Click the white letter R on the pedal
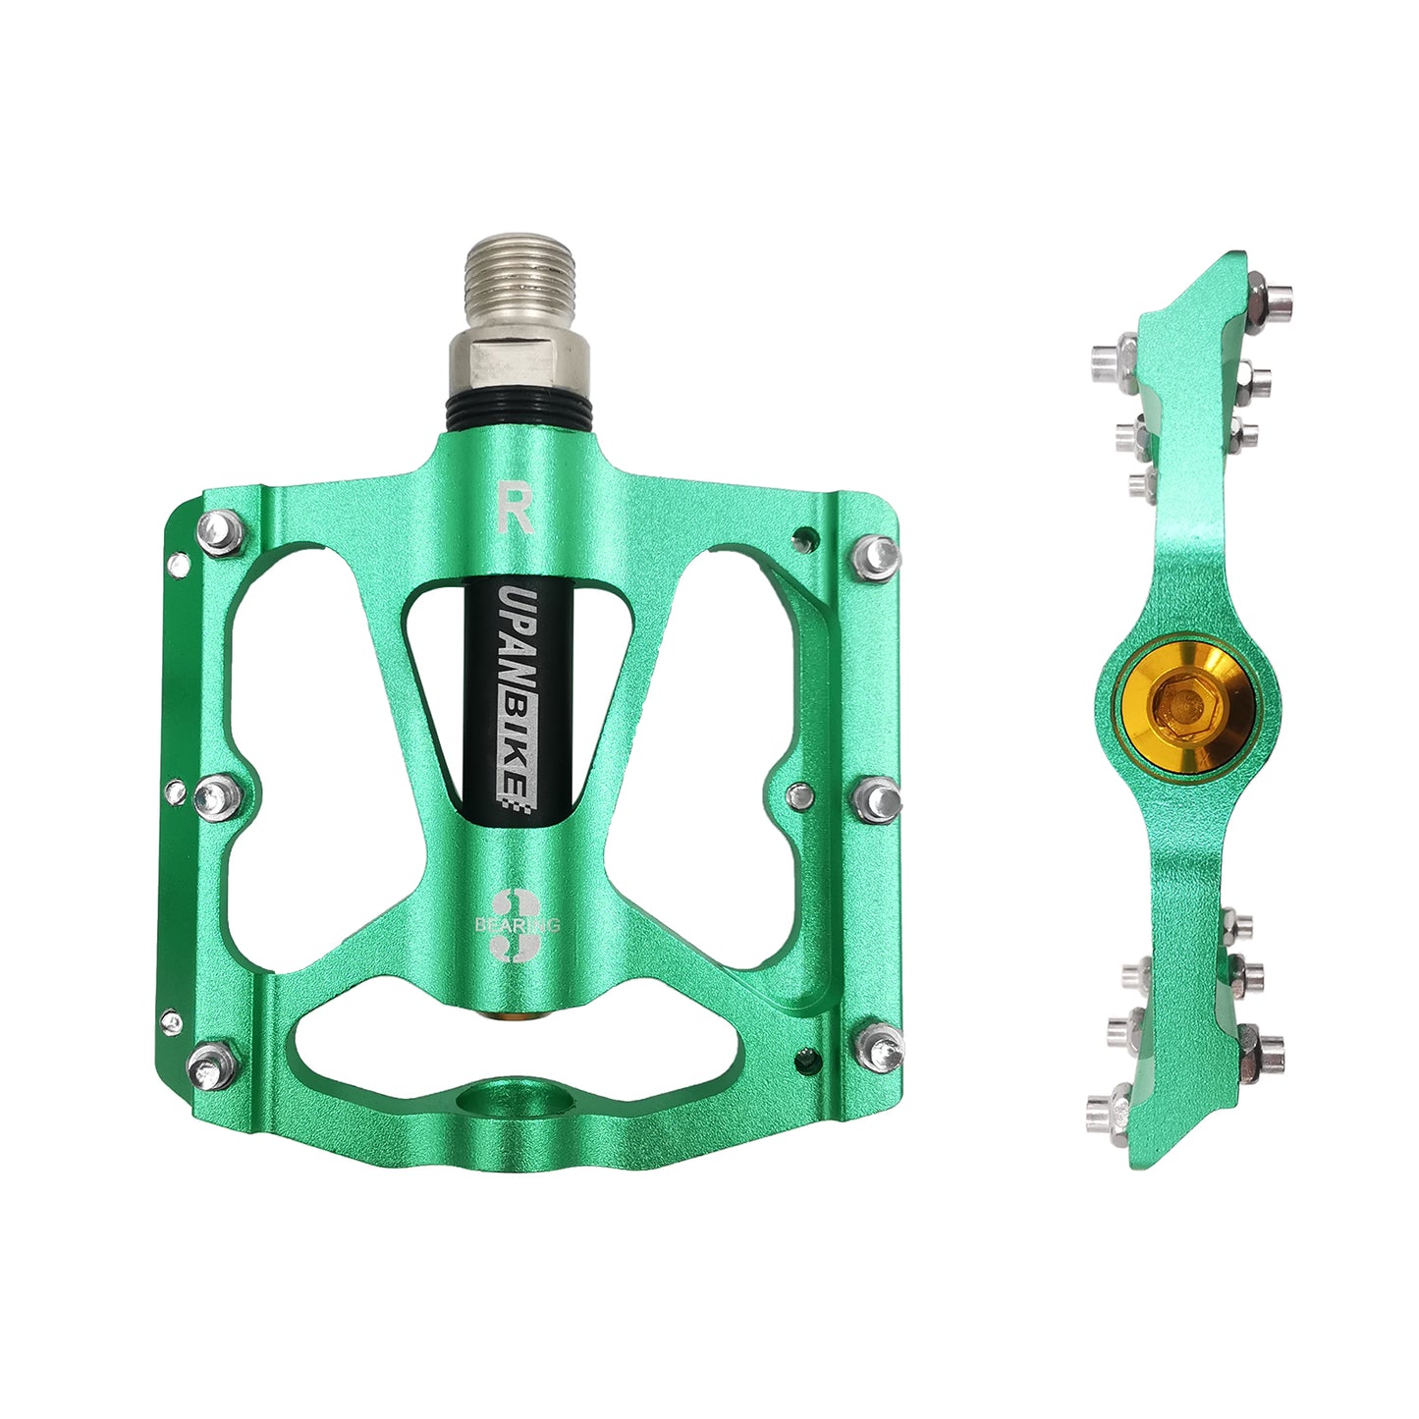pyautogui.click(x=515, y=507)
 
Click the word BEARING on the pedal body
pyautogui.click(x=517, y=925)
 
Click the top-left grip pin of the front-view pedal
pyautogui.click(x=221, y=533)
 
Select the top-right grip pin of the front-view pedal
pyautogui.click(x=876, y=557)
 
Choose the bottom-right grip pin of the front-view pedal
pyautogui.click(x=880, y=1045)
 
